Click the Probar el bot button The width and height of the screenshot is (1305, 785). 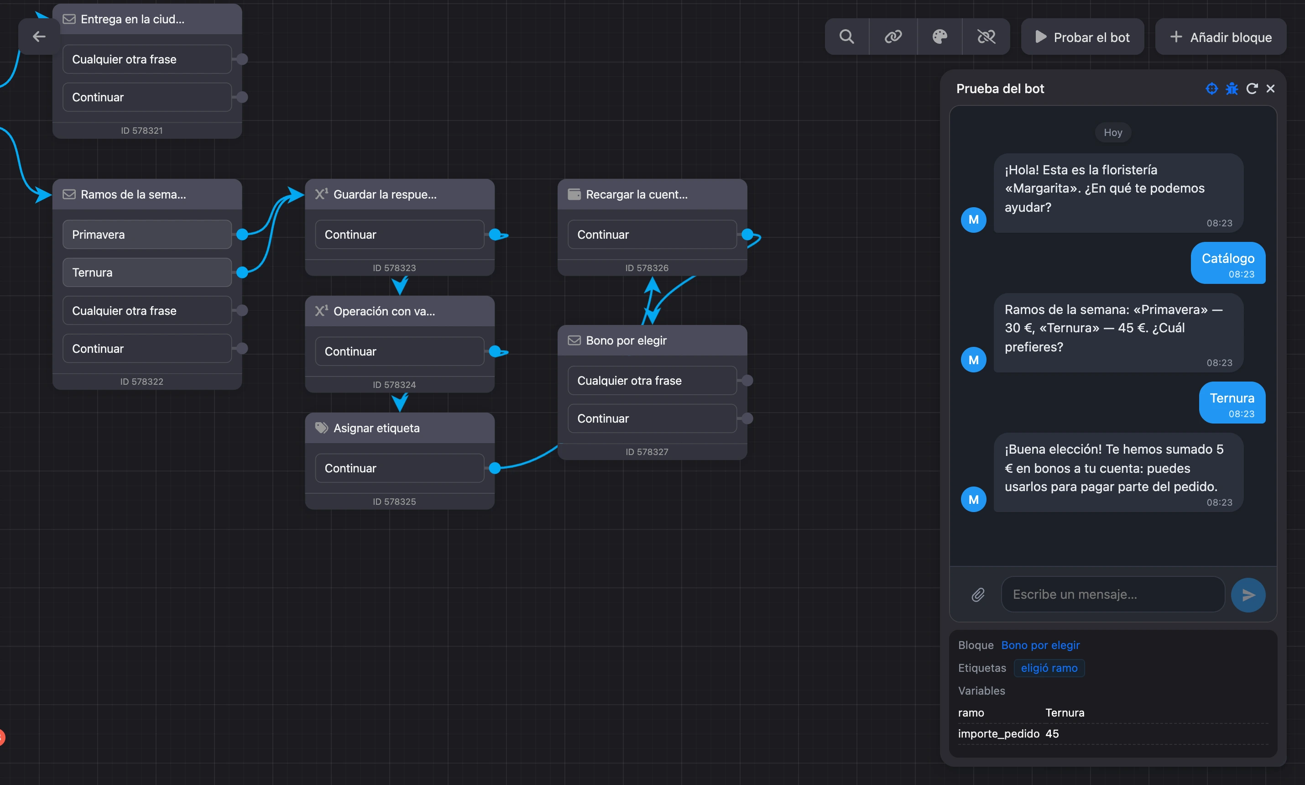[x=1082, y=37]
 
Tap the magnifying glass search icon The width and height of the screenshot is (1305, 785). [x=846, y=37]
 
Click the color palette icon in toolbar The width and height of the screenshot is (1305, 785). [x=940, y=37]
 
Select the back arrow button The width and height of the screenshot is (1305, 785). [x=39, y=37]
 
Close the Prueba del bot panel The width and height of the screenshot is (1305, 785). [x=1271, y=89]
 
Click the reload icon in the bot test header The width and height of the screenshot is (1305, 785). [x=1252, y=89]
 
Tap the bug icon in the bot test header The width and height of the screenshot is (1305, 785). [x=1232, y=89]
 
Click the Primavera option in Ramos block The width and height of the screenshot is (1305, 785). [x=147, y=234]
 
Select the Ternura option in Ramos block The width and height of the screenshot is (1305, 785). [x=147, y=272]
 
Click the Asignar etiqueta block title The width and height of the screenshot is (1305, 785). [x=376, y=428]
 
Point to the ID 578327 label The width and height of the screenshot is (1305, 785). [x=647, y=452]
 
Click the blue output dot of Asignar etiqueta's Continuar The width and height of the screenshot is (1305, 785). [x=495, y=468]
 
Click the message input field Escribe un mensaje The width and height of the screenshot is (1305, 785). [x=1112, y=595]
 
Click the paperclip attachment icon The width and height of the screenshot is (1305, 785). [x=978, y=595]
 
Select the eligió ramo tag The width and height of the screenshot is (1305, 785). [x=1049, y=668]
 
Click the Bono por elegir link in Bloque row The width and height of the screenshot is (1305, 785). [x=1040, y=645]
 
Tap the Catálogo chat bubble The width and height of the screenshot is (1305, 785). [x=1228, y=263]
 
